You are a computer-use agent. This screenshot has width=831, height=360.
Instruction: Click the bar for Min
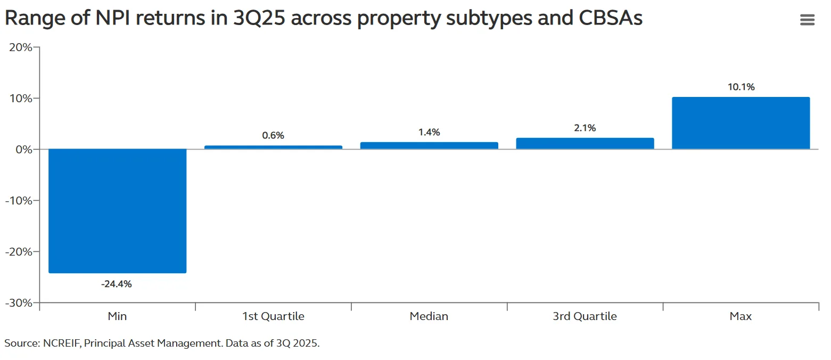(x=117, y=211)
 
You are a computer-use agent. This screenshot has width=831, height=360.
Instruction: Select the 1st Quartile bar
(x=273, y=147)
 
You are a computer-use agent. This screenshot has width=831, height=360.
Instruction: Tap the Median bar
(x=429, y=145)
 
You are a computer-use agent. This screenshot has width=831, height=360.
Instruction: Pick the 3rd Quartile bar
(x=585, y=143)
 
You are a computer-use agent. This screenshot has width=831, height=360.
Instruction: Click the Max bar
(x=741, y=123)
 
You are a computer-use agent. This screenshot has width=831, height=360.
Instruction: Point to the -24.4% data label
(x=116, y=284)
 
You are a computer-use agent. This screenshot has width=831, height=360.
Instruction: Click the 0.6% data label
(x=273, y=135)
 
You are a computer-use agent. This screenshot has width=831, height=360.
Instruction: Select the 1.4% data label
(x=429, y=132)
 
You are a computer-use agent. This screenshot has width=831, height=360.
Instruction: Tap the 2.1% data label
(x=585, y=128)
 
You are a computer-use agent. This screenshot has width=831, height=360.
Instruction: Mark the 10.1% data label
(x=741, y=87)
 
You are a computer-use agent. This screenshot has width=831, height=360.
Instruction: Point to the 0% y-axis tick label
(x=24, y=150)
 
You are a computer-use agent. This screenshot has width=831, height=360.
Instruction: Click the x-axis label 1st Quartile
(x=273, y=316)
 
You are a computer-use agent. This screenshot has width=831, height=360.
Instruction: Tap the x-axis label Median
(x=429, y=316)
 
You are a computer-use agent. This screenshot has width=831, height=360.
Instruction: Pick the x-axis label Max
(x=741, y=316)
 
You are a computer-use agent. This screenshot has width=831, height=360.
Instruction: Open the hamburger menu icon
(x=807, y=20)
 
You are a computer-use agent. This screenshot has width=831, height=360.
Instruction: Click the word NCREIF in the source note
(x=60, y=343)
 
